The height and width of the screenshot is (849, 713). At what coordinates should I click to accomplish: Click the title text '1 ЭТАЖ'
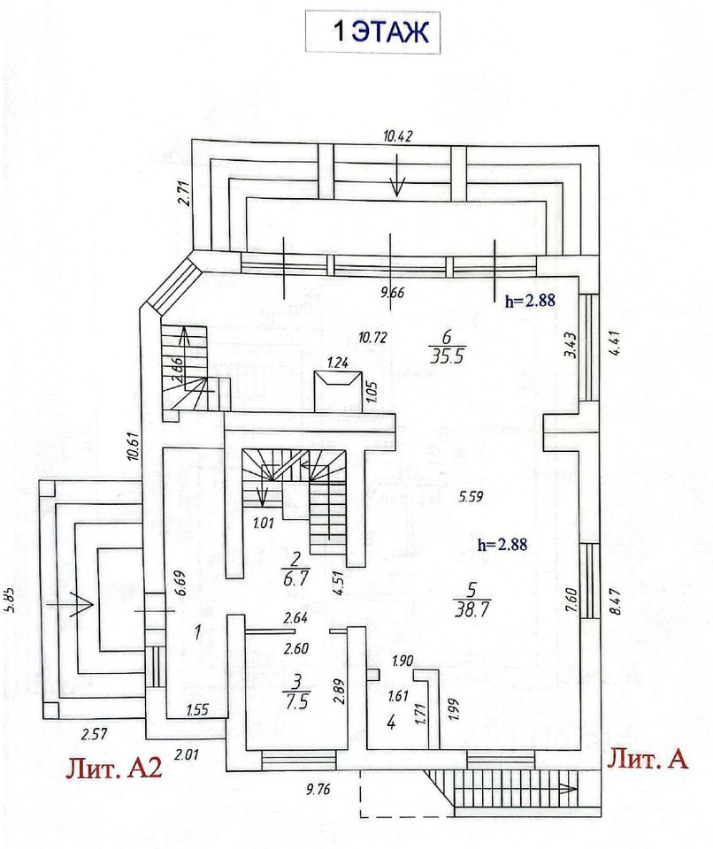click(379, 32)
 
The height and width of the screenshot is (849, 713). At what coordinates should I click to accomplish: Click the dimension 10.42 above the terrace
click(398, 135)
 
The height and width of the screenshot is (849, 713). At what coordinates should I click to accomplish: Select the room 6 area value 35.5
click(448, 356)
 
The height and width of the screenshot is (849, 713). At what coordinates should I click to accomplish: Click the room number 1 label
click(199, 631)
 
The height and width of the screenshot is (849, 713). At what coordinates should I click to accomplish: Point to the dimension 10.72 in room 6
click(373, 336)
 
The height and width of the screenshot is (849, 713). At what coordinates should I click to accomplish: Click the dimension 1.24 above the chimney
click(337, 362)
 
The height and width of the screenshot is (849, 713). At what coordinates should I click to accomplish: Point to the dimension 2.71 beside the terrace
click(184, 192)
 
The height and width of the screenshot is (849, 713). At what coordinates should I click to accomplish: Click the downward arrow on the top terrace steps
click(397, 183)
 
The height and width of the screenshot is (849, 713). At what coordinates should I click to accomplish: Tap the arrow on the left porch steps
click(71, 604)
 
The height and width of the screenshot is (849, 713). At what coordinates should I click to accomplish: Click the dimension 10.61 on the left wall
click(133, 440)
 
